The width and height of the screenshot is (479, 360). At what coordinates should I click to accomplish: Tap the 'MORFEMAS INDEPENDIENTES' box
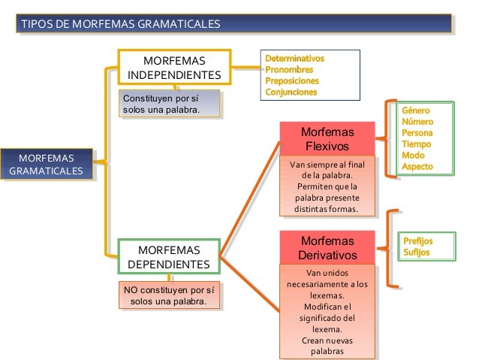[x=174, y=67]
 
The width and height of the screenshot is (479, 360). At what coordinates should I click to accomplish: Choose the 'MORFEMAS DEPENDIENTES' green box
[x=169, y=257]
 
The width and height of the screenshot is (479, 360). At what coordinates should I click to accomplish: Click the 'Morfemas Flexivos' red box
[x=327, y=139]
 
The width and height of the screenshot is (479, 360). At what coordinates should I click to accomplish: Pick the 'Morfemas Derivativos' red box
[x=327, y=248]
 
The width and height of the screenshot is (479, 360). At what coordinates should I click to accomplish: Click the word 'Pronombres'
[x=289, y=69]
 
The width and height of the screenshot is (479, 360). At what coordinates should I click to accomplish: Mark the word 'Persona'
[x=417, y=132]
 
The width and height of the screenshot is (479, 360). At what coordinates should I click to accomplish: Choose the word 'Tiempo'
[x=417, y=144]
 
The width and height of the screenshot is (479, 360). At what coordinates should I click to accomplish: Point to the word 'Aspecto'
[x=417, y=166]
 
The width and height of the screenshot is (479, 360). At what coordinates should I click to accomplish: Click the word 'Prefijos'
[x=417, y=241]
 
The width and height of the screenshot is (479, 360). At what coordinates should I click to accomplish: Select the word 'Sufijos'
[x=415, y=253]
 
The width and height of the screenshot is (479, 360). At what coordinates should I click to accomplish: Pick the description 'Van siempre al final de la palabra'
[x=327, y=169]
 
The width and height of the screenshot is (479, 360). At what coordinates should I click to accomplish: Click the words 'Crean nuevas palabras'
[x=327, y=346]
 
